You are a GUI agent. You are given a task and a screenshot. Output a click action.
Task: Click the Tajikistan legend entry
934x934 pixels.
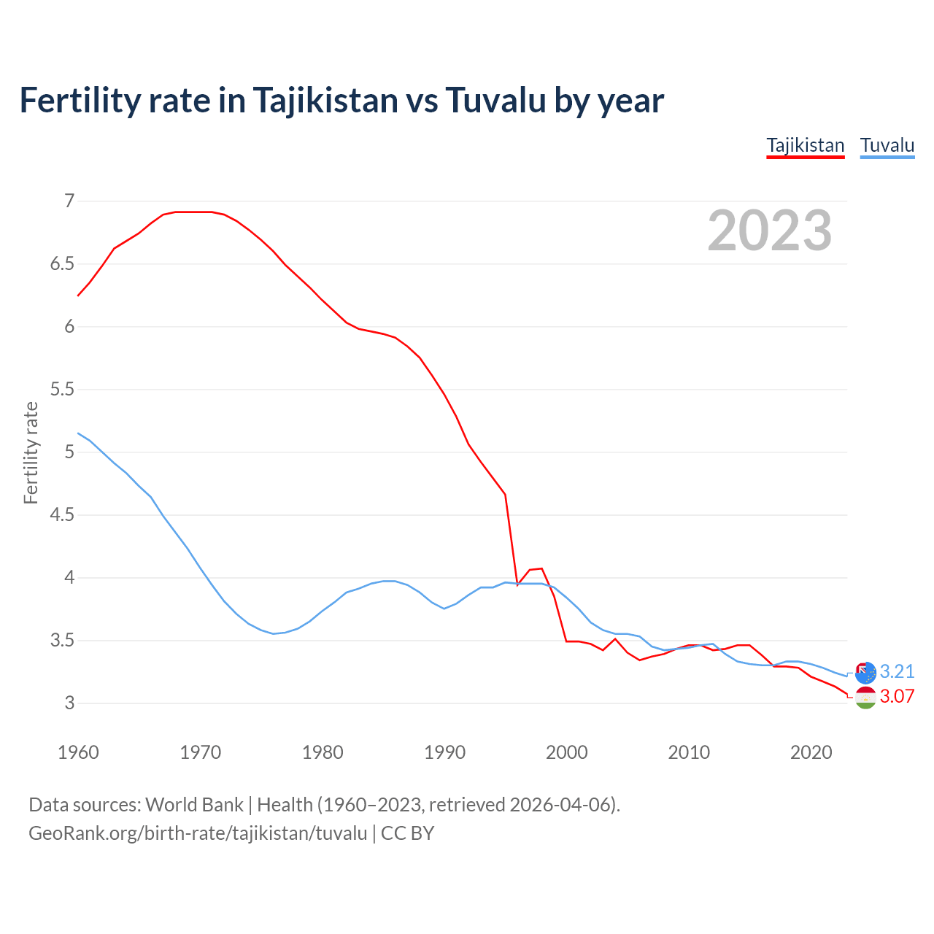805,145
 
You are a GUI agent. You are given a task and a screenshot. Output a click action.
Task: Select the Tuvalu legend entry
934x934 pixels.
887,145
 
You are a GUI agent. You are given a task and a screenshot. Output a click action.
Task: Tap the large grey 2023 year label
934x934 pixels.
769,231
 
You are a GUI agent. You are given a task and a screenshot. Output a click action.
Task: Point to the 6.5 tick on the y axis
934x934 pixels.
62,263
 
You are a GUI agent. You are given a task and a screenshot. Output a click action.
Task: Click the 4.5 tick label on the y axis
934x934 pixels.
62,515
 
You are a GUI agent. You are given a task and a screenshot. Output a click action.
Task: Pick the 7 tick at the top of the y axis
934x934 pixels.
69,201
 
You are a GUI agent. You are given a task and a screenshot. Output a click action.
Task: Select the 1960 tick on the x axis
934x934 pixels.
78,752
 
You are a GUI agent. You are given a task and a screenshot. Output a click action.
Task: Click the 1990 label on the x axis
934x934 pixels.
444,752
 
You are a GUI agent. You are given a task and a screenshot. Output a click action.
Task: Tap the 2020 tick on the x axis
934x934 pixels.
811,752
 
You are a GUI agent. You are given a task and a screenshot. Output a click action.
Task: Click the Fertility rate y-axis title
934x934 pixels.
31,452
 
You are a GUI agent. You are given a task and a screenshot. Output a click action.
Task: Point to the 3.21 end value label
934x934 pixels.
897,671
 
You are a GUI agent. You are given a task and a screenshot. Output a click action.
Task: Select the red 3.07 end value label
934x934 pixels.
897,696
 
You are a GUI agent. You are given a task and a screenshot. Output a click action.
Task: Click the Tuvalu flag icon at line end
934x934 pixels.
865,673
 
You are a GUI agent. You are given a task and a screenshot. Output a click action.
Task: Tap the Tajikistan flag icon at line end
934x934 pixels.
865,698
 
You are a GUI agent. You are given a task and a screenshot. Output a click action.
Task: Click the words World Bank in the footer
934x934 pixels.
194,805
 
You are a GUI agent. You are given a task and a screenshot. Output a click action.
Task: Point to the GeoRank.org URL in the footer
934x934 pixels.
198,833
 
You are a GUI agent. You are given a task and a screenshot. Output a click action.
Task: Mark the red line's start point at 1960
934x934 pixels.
78,296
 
